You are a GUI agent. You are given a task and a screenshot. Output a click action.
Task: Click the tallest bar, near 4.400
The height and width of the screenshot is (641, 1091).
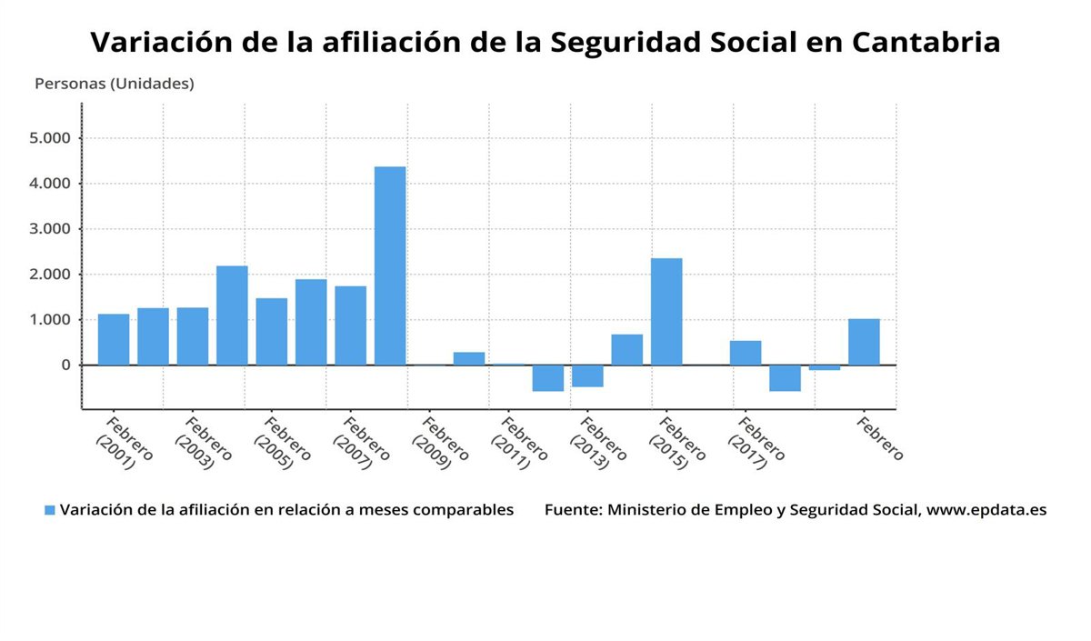point(390,265)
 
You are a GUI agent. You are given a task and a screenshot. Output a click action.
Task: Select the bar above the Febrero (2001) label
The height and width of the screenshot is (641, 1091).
point(114,339)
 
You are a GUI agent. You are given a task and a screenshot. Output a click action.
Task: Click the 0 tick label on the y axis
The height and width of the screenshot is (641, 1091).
point(65,365)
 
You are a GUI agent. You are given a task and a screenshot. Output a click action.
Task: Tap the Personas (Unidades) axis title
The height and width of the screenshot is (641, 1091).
point(115,84)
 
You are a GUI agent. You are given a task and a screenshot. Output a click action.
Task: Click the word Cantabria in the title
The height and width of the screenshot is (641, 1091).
point(926,42)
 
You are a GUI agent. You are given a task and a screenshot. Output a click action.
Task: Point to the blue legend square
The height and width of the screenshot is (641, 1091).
point(50,510)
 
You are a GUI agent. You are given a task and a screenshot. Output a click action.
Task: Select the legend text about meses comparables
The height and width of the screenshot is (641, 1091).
point(287,510)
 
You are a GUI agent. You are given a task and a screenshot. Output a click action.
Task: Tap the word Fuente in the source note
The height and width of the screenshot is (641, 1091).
point(572,510)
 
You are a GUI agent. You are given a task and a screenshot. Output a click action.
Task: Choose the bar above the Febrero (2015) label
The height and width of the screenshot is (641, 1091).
point(666,312)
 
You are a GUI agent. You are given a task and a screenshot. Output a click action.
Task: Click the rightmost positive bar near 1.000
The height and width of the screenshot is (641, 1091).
point(864,342)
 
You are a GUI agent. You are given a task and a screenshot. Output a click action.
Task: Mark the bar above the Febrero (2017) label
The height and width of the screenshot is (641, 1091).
point(746,353)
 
